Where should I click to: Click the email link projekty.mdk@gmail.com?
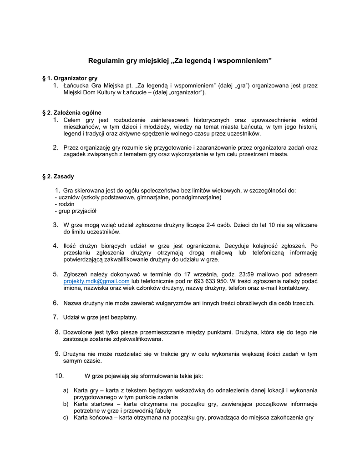96,281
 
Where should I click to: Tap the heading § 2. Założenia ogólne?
71,112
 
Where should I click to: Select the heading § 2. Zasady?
58,176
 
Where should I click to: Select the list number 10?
59,376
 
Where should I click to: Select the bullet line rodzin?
65,204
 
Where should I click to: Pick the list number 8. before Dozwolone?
57,332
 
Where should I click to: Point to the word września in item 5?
208,274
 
